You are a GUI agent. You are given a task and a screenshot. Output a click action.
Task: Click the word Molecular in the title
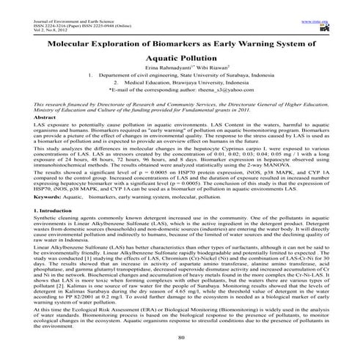pyautogui.click(x=77, y=43)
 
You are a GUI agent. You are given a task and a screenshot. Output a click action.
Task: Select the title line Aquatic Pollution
pyautogui.click(x=180, y=57)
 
